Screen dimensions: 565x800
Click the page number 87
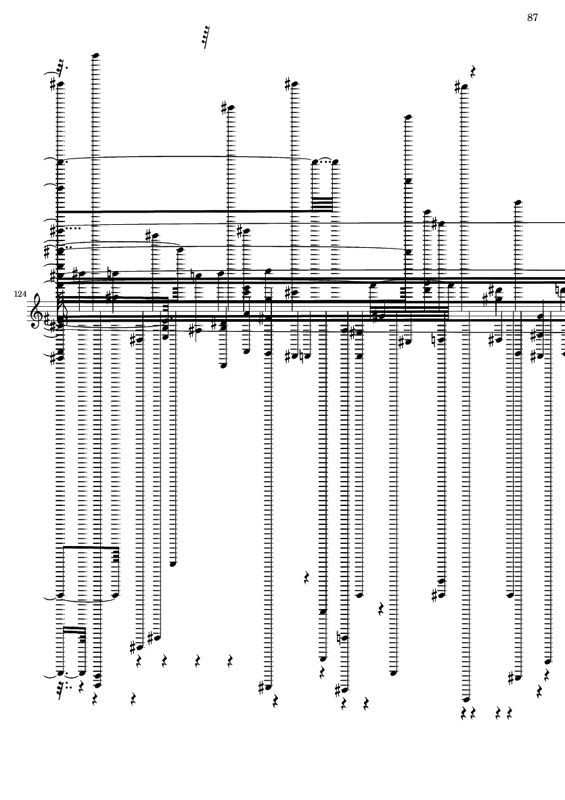533,18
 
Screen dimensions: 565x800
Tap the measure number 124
20,294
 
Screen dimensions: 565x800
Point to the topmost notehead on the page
95,55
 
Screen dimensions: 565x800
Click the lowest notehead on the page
466,700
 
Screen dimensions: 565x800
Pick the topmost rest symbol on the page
473,71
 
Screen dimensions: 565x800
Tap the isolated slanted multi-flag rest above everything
206,37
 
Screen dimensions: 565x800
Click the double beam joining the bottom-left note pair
74,629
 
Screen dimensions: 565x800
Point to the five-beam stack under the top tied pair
322,204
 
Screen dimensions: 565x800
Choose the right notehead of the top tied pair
335,163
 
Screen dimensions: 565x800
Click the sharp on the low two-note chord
434,595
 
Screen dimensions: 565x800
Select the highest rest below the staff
307,578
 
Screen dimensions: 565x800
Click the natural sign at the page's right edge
560,291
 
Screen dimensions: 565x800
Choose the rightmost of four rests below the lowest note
510,713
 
